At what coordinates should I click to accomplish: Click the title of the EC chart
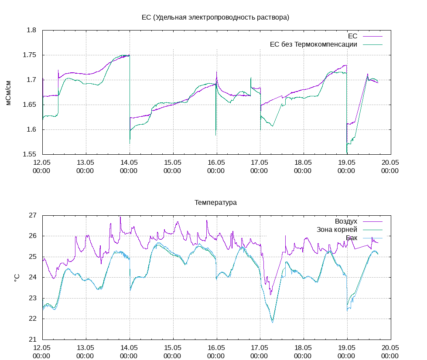[215, 17]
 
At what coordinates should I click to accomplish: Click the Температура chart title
[215, 203]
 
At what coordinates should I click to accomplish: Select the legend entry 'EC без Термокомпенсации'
[314, 44]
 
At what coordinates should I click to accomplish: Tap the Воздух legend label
[346, 221]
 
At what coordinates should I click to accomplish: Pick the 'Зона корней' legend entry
[337, 229]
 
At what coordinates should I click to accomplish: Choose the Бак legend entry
[352, 238]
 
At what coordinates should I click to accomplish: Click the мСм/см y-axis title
[9, 92]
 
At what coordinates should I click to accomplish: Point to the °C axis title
[17, 277]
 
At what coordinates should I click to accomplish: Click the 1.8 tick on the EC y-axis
[31, 31]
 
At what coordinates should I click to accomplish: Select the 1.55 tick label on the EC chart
[30, 154]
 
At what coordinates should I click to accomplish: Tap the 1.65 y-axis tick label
[30, 105]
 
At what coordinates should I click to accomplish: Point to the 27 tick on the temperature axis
[33, 215]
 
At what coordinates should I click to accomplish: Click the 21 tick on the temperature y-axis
[33, 340]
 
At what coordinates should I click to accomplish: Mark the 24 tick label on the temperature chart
[33, 277]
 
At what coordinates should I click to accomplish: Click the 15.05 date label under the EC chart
[173, 167]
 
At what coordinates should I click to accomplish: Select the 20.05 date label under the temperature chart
[390, 352]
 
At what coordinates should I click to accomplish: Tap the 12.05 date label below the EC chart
[42, 167]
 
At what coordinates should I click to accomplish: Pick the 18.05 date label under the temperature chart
[303, 352]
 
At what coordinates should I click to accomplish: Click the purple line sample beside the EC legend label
[372, 36]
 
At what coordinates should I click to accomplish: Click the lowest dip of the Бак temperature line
[273, 322]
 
